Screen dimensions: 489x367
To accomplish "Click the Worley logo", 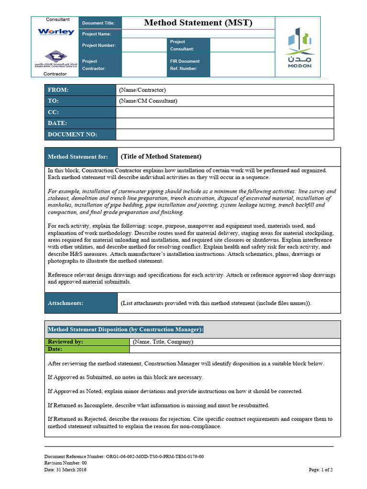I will click(x=56, y=32).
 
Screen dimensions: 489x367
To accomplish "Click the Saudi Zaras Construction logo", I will click(x=56, y=60).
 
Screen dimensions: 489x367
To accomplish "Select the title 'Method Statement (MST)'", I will click(x=198, y=23).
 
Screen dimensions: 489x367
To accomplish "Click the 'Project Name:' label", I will click(x=97, y=34).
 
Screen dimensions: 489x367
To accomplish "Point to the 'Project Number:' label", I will click(x=98, y=45).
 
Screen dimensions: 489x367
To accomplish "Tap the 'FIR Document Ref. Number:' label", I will click(x=185, y=64).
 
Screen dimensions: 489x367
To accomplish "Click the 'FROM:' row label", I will click(x=58, y=90).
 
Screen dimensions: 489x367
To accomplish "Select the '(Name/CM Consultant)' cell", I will click(x=148, y=101).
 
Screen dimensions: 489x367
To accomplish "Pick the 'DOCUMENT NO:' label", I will click(x=73, y=134).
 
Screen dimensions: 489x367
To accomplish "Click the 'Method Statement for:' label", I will click(x=77, y=157).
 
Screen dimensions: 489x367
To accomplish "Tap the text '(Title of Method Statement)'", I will click(x=161, y=157).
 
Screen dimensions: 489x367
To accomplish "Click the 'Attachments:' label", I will click(x=65, y=303).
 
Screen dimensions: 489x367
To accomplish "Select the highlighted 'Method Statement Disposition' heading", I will click(x=126, y=330).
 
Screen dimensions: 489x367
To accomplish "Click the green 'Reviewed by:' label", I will click(x=66, y=342).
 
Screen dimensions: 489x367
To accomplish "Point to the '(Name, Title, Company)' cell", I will click(x=162, y=342).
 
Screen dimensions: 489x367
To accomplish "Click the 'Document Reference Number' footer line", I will click(x=124, y=456).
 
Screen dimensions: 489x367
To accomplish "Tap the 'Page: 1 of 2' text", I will click(x=321, y=469).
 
